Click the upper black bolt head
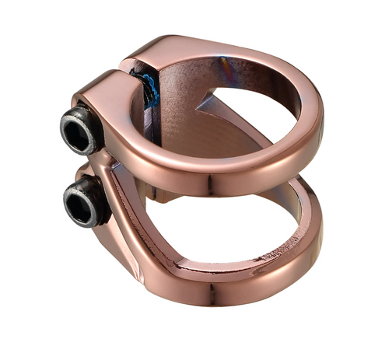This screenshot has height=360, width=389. (82, 131)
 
